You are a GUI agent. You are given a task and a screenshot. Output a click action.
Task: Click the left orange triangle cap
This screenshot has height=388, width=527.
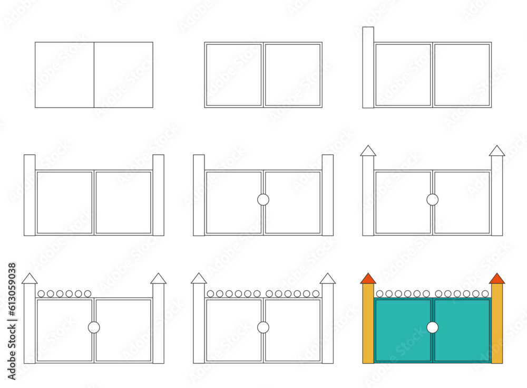(x=368, y=279)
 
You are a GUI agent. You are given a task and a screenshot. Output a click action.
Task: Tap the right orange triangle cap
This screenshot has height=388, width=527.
(x=497, y=279)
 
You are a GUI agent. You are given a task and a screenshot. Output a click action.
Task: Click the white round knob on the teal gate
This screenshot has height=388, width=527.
(x=432, y=327)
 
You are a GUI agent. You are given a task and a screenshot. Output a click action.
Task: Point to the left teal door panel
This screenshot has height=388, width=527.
(x=403, y=330)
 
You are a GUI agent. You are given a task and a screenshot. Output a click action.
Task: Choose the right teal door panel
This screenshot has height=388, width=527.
(x=462, y=330)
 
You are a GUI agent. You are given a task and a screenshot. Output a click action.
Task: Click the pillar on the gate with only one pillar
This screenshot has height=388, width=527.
(x=368, y=68)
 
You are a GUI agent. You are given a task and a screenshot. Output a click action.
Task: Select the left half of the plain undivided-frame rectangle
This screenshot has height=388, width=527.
(x=64, y=75)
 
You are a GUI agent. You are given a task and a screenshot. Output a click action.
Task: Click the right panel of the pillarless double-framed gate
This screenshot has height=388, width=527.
(x=292, y=75)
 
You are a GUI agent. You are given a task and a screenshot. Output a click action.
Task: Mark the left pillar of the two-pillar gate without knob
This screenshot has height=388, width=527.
(x=30, y=195)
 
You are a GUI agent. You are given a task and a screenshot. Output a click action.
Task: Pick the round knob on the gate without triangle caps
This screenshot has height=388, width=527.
(x=263, y=200)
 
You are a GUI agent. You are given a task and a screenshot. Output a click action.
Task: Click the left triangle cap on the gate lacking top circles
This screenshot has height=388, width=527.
(x=368, y=151)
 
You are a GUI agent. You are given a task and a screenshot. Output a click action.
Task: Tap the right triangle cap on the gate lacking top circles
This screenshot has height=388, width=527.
(x=497, y=151)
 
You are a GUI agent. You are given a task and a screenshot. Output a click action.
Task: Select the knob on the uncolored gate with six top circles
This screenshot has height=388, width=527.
(x=94, y=327)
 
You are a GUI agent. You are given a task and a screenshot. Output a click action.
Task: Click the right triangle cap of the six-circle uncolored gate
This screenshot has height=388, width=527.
(x=158, y=279)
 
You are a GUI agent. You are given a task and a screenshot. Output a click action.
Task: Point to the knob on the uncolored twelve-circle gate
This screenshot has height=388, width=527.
(x=263, y=327)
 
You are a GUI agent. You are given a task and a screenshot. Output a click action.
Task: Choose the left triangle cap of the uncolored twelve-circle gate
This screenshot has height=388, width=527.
(x=199, y=279)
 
